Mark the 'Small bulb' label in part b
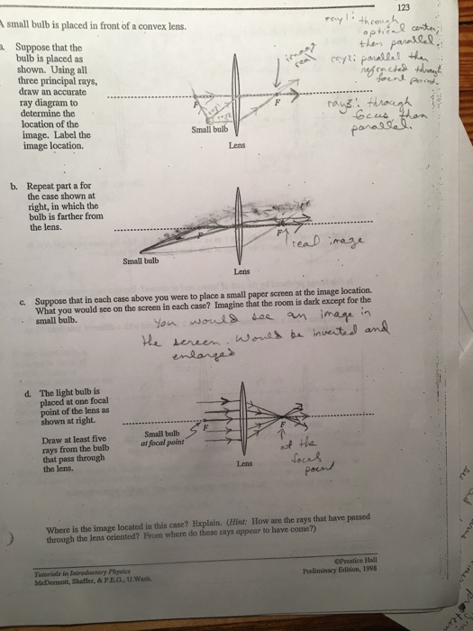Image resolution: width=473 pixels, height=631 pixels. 139,261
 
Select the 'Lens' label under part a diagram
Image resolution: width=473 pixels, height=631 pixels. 236,143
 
